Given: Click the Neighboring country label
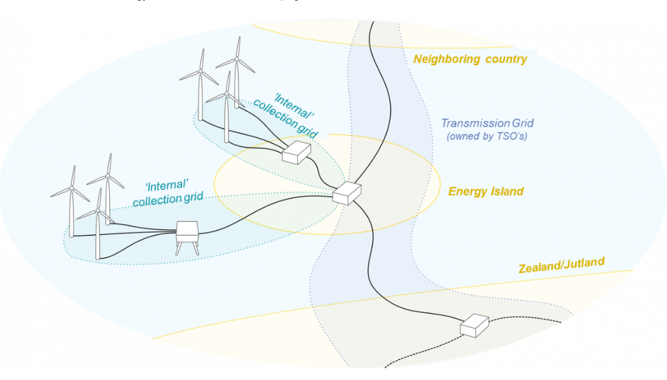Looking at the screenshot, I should [x=470, y=60].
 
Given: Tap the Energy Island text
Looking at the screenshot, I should [x=486, y=191].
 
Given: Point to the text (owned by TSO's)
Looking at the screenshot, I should [x=487, y=136].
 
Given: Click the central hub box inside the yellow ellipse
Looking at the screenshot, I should [x=347, y=193].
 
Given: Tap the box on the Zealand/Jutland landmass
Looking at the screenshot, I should [x=474, y=325].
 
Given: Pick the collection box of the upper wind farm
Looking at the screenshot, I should [x=296, y=153].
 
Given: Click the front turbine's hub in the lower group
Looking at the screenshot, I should [x=98, y=209].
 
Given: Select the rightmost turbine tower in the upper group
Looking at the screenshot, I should [x=237, y=89].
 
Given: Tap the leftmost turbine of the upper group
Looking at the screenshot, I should [x=201, y=95].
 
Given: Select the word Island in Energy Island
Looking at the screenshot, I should [x=506, y=191].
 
